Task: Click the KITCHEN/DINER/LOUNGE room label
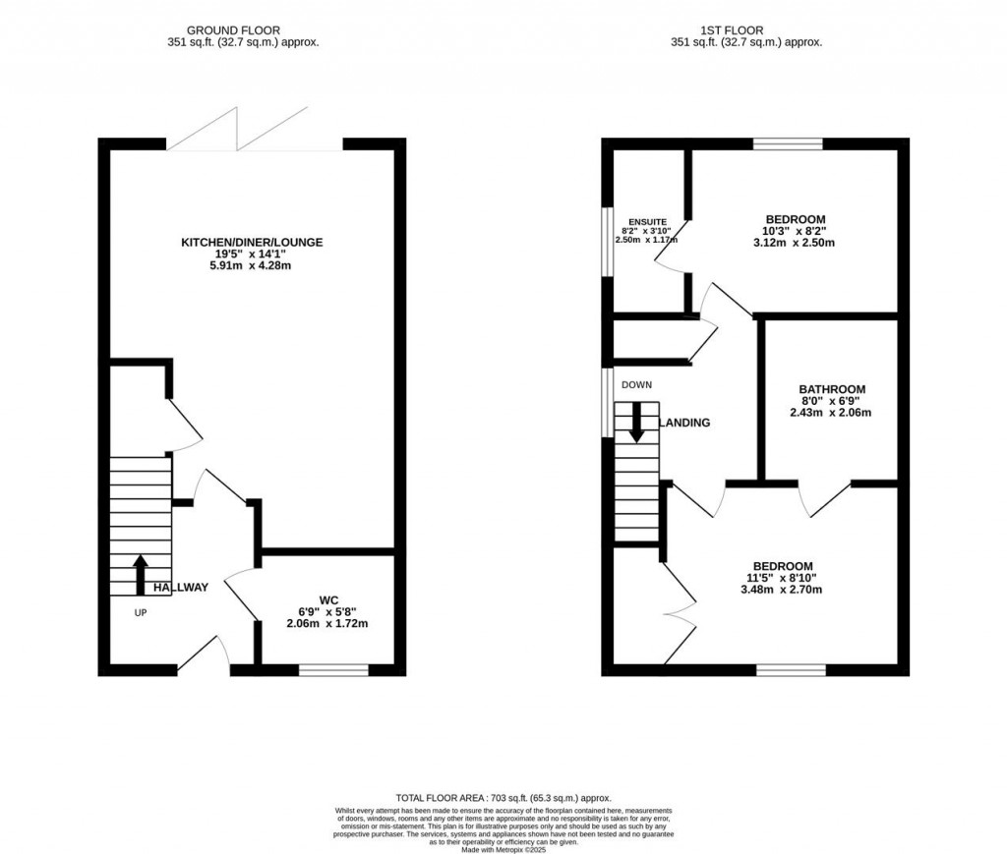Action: [x=251, y=242]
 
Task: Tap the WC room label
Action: [x=328, y=598]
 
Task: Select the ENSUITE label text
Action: [x=645, y=222]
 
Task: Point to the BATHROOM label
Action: [x=831, y=389]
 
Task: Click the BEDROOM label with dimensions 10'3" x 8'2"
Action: [x=795, y=219]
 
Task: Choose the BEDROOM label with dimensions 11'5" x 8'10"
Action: [x=783, y=566]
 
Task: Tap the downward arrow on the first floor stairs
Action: [x=636, y=423]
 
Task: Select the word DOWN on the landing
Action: [x=636, y=385]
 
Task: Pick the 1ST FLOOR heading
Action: [x=745, y=30]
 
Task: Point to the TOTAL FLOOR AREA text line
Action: [x=503, y=798]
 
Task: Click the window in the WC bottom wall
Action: [x=333, y=670]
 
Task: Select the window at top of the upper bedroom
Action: [x=788, y=144]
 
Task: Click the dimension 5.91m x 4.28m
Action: [x=251, y=265]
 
